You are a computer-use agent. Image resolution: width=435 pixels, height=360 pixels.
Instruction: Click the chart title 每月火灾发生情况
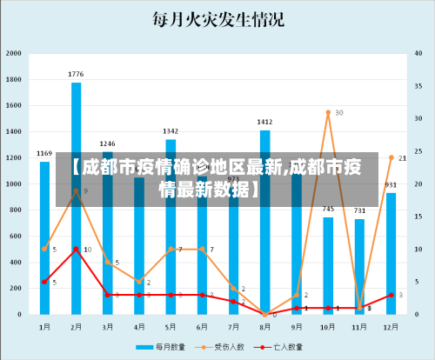[217, 19]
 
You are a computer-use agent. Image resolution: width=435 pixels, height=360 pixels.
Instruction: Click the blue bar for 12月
[391, 252]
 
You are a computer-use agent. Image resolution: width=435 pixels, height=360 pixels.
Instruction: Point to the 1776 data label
[77, 74]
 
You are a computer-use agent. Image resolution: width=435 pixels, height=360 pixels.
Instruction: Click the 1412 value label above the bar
[265, 122]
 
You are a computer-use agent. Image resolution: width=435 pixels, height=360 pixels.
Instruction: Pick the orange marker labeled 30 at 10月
[328, 113]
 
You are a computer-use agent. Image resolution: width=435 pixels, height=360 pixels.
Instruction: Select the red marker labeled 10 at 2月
[77, 249]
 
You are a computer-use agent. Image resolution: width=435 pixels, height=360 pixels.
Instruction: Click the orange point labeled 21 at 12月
[391, 158]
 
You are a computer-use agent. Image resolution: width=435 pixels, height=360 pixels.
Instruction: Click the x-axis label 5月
[171, 326]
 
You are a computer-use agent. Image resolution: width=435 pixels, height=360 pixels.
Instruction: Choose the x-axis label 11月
[359, 326]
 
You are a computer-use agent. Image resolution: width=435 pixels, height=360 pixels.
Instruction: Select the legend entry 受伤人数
[230, 346]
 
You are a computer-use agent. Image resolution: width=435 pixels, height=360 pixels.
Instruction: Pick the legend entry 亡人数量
[287, 346]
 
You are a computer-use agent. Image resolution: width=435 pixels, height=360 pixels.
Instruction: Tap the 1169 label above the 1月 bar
[44, 153]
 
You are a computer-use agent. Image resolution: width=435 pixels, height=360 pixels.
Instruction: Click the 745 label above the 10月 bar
[328, 209]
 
